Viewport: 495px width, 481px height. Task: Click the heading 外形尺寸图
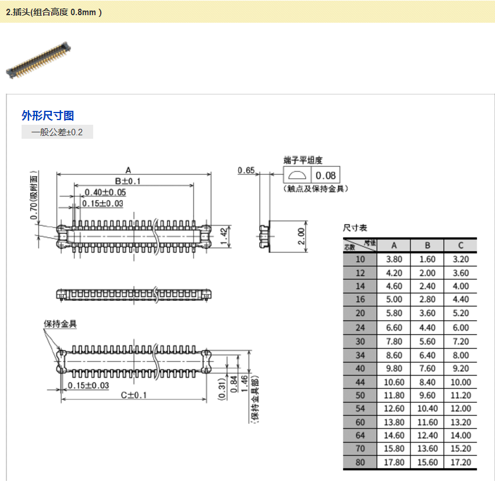pyautogui.click(x=48, y=115)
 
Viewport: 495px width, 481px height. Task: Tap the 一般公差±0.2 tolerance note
pyautogui.click(x=57, y=132)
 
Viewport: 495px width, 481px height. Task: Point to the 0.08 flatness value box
pyautogui.click(x=326, y=175)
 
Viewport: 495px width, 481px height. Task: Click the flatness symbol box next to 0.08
pyautogui.click(x=297, y=175)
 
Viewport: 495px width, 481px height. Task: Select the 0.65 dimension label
pyautogui.click(x=246, y=170)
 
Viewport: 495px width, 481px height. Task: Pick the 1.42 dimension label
pyautogui.click(x=224, y=236)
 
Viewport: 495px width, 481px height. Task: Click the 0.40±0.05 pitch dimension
pyautogui.click(x=105, y=192)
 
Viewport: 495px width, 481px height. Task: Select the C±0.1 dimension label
pyautogui.click(x=134, y=395)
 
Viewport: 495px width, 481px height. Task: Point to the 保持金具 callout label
pyautogui.click(x=61, y=324)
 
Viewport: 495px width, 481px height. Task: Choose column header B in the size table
pyautogui.click(x=427, y=245)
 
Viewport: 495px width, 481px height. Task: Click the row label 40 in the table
pyautogui.click(x=360, y=368)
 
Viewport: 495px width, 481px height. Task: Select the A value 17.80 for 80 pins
pyautogui.click(x=394, y=462)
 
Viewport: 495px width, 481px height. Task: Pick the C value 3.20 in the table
pyautogui.click(x=460, y=259)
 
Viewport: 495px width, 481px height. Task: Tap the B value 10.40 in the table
pyautogui.click(x=427, y=408)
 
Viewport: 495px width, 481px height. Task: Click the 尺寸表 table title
pyautogui.click(x=355, y=227)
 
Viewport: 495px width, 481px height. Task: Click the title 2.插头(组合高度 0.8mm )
pyautogui.click(x=54, y=12)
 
